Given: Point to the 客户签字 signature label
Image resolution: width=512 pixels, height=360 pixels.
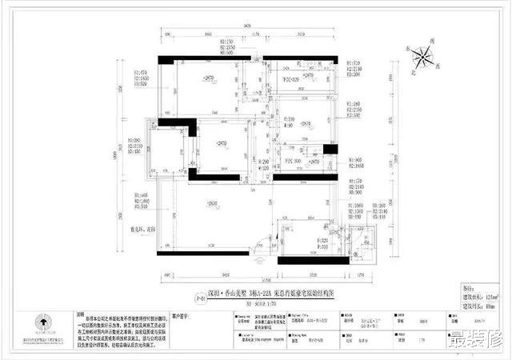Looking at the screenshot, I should point(185,315).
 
